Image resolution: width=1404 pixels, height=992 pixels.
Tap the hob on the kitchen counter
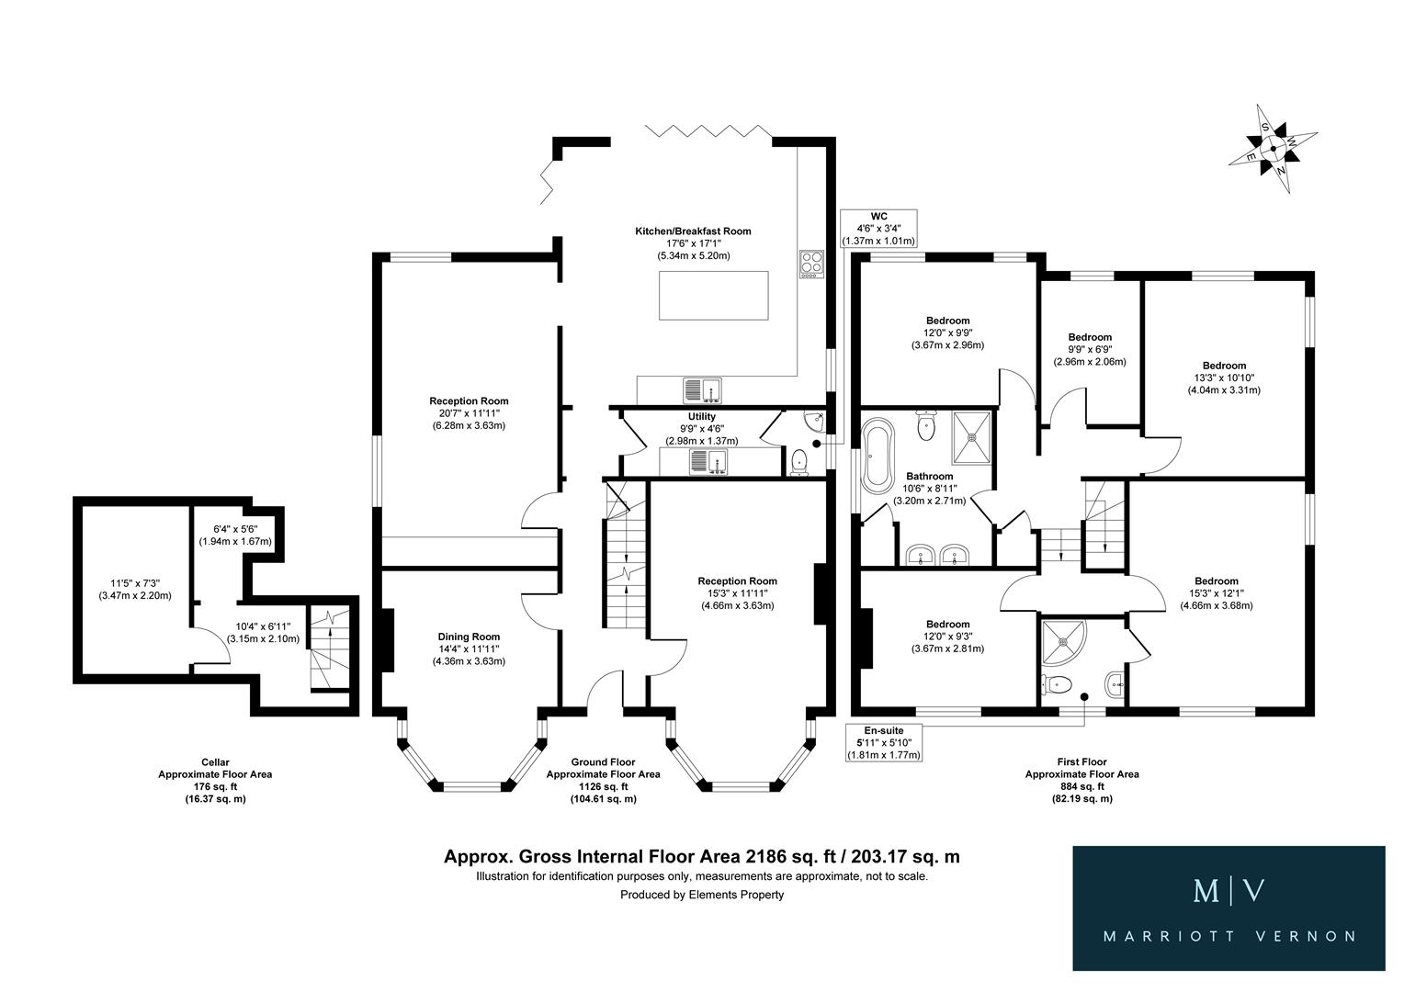[810, 264]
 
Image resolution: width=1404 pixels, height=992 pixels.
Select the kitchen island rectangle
[714, 295]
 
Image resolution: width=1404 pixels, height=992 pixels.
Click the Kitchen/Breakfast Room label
[699, 243]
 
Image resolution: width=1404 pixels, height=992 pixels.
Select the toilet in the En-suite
[1053, 684]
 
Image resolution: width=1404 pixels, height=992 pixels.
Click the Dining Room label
[469, 648]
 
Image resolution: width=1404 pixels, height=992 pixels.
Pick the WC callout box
[879, 229]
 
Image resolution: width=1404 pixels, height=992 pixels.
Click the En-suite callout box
[883, 743]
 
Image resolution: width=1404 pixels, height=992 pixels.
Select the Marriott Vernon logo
[1228, 907]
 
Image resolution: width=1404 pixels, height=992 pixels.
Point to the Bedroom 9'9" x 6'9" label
[1090, 349]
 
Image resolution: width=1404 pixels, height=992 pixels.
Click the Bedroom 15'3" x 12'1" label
[1216, 592]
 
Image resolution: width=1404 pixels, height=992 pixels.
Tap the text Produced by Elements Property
[702, 895]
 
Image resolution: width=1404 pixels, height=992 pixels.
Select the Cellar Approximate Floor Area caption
[215, 780]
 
